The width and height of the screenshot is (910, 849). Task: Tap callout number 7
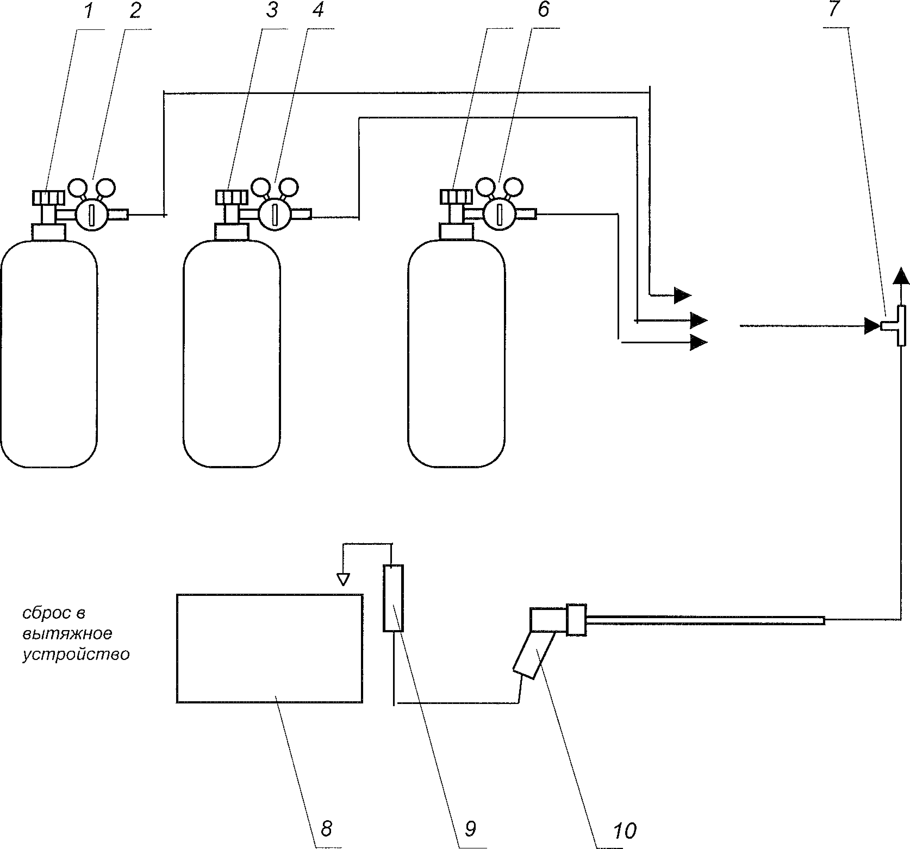point(834,10)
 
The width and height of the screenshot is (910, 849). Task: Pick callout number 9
point(470,828)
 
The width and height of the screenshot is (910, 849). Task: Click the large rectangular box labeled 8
point(270,648)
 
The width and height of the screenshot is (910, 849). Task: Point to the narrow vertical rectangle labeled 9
point(393,598)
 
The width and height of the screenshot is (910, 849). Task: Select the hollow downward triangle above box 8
point(343,580)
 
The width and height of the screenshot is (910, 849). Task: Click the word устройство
point(76,655)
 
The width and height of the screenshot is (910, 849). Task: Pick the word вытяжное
point(67,634)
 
